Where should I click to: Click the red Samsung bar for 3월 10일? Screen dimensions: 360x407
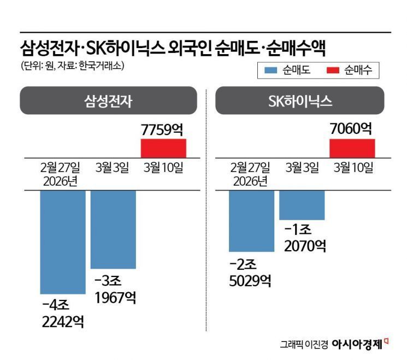point(163,148)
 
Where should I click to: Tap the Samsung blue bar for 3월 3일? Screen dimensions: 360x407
point(113,229)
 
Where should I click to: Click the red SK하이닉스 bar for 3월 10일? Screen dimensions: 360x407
point(352,148)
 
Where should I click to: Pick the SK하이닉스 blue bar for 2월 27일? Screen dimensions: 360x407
point(251,221)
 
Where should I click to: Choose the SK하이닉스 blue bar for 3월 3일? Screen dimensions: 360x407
point(302,205)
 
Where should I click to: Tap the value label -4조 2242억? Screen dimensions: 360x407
point(62,312)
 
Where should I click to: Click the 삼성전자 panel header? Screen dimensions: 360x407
point(108,101)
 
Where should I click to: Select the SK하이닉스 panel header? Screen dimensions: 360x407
point(299,101)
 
